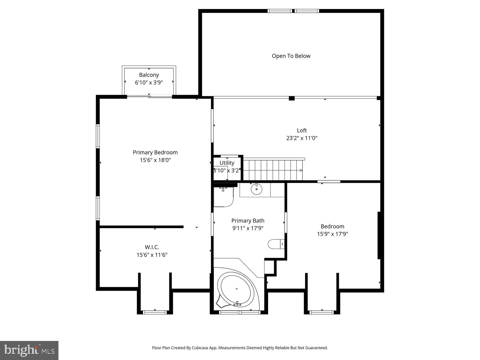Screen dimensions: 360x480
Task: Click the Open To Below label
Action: tap(291, 56)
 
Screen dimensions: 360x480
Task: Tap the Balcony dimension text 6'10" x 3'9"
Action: tap(149, 83)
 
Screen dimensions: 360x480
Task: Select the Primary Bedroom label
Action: tap(155, 152)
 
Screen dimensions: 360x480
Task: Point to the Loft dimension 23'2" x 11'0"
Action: tap(302, 138)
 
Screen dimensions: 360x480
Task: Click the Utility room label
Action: tap(227, 163)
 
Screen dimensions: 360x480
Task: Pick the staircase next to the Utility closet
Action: tap(272, 170)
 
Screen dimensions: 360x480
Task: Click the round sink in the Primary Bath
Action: tap(257, 189)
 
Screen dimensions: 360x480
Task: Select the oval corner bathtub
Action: tap(236, 289)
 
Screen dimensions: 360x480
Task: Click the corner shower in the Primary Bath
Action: tap(223, 197)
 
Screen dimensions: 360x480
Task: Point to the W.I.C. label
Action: tap(152, 247)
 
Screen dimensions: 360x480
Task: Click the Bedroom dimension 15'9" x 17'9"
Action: tap(332, 234)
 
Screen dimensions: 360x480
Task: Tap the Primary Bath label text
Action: tap(248, 221)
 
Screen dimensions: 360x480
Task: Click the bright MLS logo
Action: tap(29, 350)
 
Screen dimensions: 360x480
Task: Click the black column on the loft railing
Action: tap(292, 98)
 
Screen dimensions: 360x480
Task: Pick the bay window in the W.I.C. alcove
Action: tap(155, 312)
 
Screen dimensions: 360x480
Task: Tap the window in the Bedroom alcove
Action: tap(322, 312)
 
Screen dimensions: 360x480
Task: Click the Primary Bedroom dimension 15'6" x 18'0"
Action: tap(155, 160)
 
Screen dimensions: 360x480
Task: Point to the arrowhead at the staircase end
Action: tap(301, 170)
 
